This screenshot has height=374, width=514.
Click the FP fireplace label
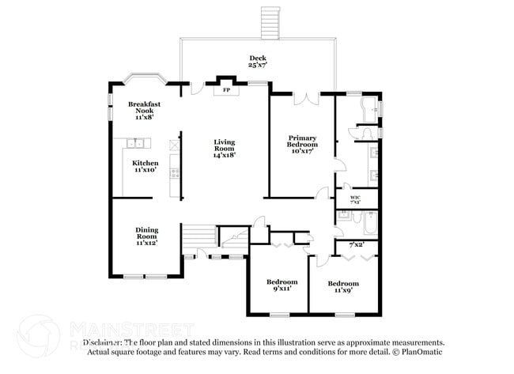[225, 90]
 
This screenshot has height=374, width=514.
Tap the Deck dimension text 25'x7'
[258, 65]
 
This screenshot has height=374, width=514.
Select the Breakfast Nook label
[144, 110]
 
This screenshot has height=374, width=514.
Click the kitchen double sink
[137, 143]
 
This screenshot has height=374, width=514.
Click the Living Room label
[225, 148]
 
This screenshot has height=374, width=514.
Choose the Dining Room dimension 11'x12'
[146, 243]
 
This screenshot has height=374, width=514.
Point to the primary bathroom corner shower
[368, 108]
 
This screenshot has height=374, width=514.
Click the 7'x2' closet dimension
[357, 245]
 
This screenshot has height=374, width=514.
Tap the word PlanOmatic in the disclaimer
[424, 351]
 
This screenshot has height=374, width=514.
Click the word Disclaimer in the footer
[104, 342]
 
